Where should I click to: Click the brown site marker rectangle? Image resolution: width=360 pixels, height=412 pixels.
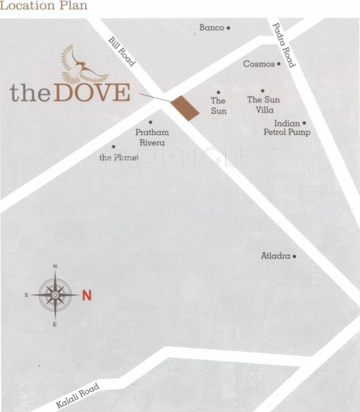(x=185, y=108)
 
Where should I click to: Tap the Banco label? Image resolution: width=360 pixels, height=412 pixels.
(x=211, y=27)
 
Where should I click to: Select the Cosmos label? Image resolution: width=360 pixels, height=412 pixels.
(x=259, y=64)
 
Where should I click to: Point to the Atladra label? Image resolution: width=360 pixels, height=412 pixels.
(x=275, y=256)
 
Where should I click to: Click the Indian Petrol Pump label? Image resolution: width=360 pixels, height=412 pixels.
(x=287, y=128)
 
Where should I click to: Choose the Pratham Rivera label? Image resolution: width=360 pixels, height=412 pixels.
(x=152, y=137)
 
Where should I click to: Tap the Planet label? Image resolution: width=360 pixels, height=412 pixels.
(x=119, y=158)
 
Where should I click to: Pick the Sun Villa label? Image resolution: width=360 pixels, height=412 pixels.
(x=263, y=105)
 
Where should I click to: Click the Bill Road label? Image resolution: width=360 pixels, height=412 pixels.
(x=122, y=51)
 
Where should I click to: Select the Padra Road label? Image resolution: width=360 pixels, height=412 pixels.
(x=284, y=45)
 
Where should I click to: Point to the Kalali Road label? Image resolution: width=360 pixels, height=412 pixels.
(x=78, y=396)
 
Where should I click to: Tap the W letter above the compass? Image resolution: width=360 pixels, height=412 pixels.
(x=55, y=266)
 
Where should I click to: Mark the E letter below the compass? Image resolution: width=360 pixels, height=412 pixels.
(x=55, y=325)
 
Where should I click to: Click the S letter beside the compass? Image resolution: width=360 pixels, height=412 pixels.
(x=26, y=295)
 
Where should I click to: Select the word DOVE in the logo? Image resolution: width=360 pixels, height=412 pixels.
(x=92, y=92)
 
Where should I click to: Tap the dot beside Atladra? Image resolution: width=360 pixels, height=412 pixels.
(x=295, y=256)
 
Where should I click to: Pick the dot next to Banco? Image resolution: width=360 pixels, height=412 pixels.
(x=229, y=28)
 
